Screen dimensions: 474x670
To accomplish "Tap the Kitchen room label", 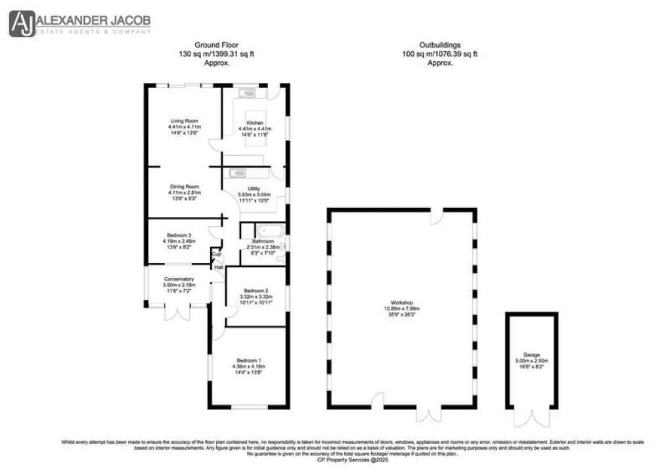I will (x=255, y=123).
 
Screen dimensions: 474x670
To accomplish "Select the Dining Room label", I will (x=185, y=187).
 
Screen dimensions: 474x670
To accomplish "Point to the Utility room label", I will (x=254, y=189).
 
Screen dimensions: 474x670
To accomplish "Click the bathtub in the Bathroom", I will (x=270, y=231).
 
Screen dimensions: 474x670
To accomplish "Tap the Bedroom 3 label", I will (x=179, y=235).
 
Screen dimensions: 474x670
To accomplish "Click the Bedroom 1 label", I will (x=250, y=360).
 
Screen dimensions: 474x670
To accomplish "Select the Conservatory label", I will (x=179, y=279).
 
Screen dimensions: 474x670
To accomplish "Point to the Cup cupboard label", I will (x=215, y=254).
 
